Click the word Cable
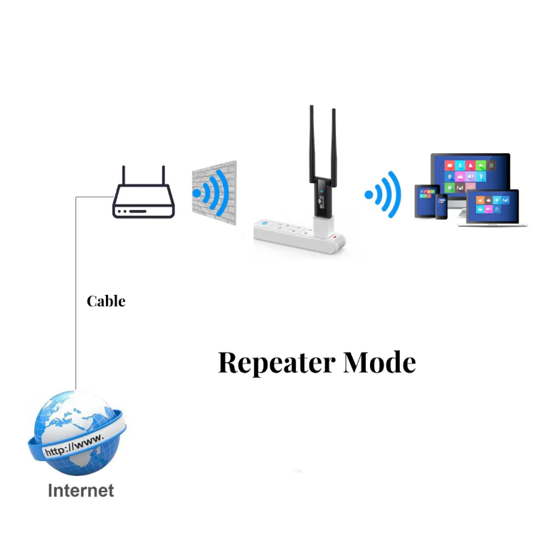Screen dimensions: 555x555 (106, 301)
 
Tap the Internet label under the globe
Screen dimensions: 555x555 (80, 491)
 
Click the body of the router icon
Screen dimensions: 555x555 (143, 203)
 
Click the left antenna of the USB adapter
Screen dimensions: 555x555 (312, 142)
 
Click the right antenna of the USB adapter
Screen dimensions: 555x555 (332, 142)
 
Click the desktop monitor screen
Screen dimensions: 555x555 (470, 175)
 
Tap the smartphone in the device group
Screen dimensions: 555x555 (442, 207)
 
